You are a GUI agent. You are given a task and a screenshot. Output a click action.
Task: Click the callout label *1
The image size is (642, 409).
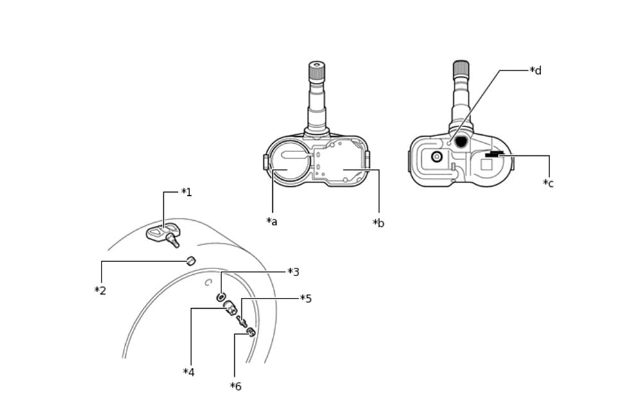point(186,192)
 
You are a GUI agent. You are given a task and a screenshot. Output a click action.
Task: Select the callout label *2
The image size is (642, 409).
point(100,290)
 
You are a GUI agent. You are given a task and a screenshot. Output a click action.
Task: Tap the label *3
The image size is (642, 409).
point(293,272)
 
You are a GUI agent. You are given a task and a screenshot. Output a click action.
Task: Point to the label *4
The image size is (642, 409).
point(189,372)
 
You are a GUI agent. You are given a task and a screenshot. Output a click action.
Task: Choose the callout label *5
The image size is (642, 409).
point(306,299)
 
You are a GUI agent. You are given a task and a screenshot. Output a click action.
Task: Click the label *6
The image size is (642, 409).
point(236,386)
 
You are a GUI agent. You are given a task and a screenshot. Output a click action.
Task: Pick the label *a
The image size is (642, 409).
point(272,222)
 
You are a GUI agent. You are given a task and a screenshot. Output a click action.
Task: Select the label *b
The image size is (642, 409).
point(379,223)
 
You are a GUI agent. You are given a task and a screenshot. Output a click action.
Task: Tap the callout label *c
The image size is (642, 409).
point(548,183)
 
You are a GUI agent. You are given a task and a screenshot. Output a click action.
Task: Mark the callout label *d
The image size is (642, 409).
point(535,71)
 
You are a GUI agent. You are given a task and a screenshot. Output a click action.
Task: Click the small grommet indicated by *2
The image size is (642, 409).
point(191,261)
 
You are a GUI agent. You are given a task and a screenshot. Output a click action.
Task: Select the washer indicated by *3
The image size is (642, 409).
point(221,297)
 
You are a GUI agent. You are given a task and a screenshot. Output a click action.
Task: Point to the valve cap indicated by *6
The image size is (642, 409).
point(251,332)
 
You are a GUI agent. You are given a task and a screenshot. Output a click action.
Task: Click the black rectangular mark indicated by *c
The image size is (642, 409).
point(494,154)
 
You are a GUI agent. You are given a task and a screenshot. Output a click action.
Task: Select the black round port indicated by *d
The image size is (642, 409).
point(461,141)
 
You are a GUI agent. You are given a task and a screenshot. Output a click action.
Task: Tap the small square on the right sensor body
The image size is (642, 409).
point(487,164)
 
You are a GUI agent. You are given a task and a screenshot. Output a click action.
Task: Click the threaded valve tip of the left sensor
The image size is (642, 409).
point(317,70)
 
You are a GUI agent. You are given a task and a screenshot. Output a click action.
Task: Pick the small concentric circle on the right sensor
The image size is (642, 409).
point(437,156)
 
